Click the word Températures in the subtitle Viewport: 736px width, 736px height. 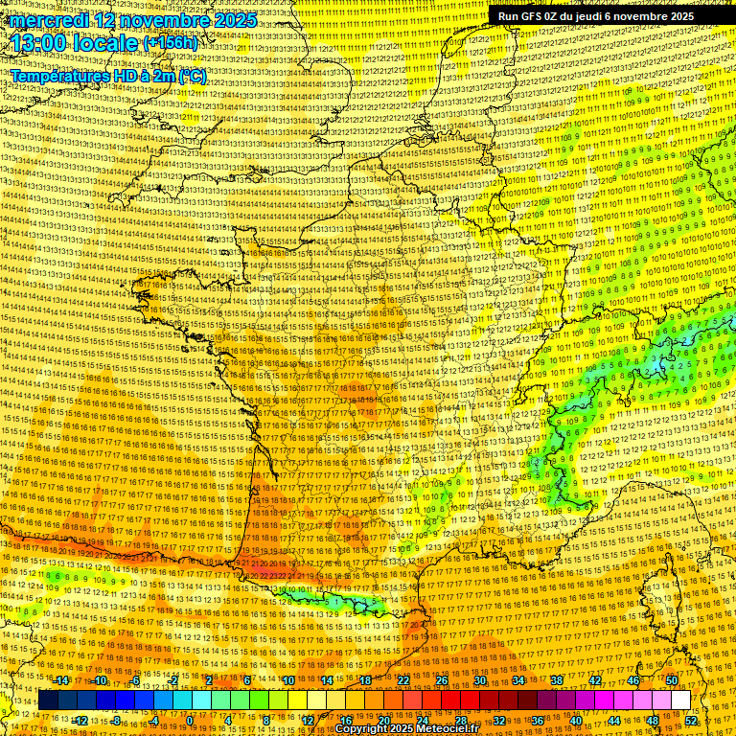(59, 76)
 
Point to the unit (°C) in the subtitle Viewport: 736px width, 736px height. (191, 76)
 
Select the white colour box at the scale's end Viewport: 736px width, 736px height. (680, 701)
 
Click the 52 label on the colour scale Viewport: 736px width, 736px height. (692, 721)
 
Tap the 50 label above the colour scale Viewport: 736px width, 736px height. (672, 680)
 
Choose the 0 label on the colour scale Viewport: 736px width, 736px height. (190, 721)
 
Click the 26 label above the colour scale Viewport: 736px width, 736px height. (442, 680)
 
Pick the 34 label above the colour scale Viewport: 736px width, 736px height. (518, 680)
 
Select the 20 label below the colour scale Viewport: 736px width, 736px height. (384, 721)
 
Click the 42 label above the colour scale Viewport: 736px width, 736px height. (595, 680)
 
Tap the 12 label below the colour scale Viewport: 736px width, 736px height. (308, 721)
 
